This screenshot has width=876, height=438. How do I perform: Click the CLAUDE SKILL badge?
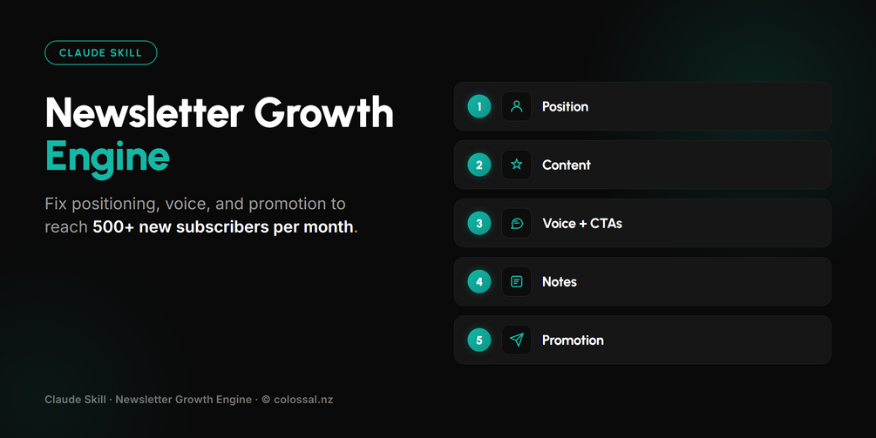tap(101, 53)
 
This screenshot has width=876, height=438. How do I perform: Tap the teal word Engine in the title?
tap(107, 158)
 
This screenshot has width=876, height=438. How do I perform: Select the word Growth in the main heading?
tap(324, 112)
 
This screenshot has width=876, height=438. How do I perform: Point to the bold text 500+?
tap(113, 227)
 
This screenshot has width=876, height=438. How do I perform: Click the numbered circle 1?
tap(479, 106)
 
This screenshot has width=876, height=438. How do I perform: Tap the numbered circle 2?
tap(479, 165)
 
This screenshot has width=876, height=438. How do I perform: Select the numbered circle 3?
tap(479, 223)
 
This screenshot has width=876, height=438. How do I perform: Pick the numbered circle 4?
tap(479, 282)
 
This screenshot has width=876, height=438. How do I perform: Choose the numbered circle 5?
tap(479, 340)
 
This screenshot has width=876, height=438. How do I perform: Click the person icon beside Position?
tap(517, 106)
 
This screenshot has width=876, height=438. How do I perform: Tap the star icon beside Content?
tap(517, 165)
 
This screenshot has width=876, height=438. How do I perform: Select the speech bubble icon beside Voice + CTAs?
tap(517, 224)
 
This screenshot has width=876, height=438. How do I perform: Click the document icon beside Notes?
tap(517, 282)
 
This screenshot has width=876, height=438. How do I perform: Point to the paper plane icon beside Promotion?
tap(517, 340)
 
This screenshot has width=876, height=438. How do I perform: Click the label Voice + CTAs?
tap(582, 223)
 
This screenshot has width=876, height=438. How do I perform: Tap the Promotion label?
tap(573, 340)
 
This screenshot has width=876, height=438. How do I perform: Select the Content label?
tap(566, 165)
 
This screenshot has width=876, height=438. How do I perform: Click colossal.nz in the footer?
tap(303, 400)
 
